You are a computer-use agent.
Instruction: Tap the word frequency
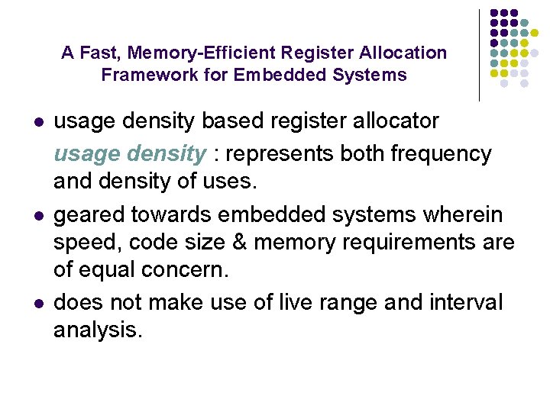coord(441,154)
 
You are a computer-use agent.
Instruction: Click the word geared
coord(90,214)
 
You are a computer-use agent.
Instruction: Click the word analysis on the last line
coord(98,331)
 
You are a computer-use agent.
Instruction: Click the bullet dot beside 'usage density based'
coord(37,122)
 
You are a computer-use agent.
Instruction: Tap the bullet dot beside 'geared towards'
coord(37,215)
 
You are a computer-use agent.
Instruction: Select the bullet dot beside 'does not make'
coord(37,304)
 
